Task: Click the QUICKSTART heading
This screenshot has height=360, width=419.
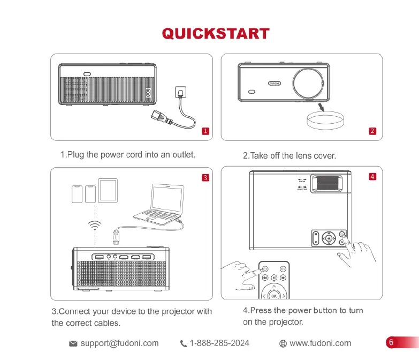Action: (215, 34)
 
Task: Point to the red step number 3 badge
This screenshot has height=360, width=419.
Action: (204, 177)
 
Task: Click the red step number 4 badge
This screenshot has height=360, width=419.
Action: (372, 176)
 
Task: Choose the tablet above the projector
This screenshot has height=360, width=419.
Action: (108, 190)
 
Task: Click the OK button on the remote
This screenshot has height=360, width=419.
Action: (274, 296)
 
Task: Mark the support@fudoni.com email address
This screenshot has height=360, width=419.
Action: (119, 343)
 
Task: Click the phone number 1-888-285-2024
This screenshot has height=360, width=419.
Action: (219, 343)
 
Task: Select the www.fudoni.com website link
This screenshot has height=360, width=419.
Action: (320, 343)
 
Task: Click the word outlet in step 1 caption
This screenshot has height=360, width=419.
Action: (182, 155)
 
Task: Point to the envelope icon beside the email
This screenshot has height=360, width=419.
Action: (74, 343)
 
